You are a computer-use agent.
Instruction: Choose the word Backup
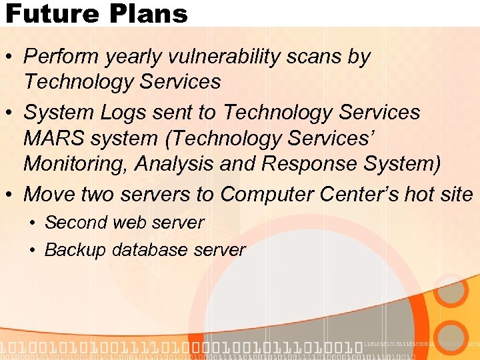(75, 250)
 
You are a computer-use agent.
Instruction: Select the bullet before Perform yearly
(11, 58)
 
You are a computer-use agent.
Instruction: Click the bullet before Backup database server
(33, 251)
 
